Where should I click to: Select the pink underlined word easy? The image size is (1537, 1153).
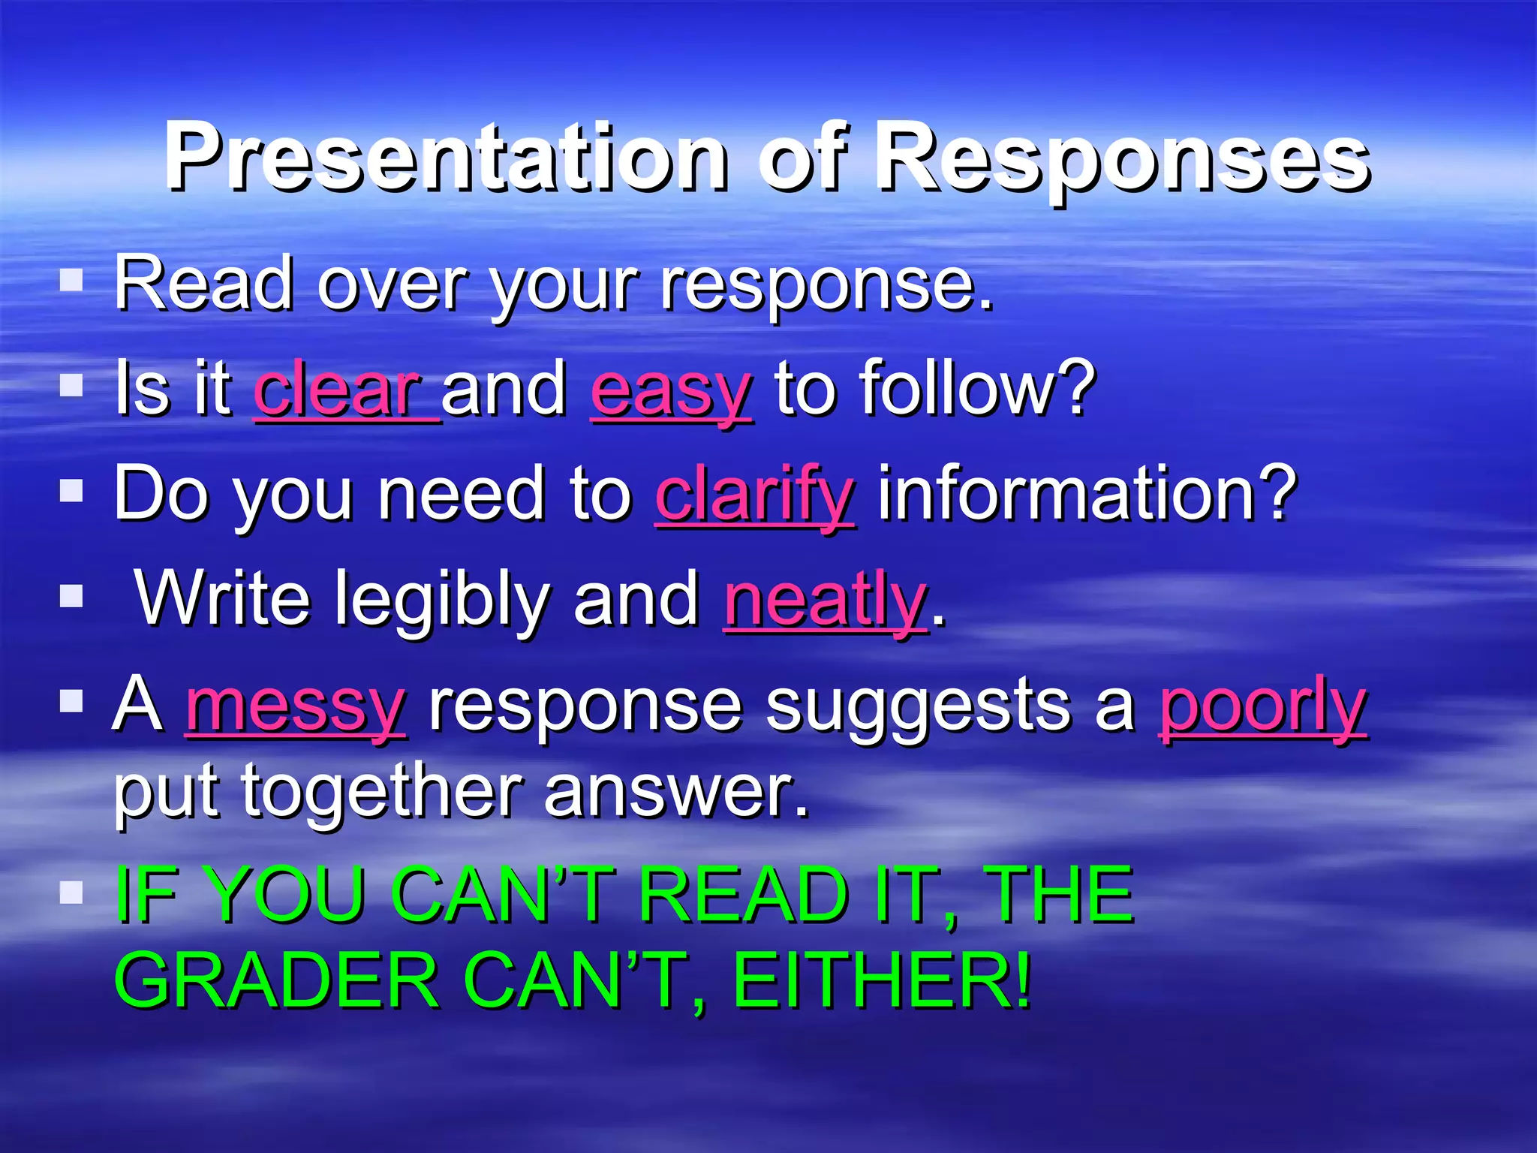pos(670,392)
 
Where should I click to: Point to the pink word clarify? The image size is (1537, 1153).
pos(754,495)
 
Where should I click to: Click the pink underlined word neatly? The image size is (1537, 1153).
pos(826,601)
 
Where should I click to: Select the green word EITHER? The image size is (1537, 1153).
pos(881,980)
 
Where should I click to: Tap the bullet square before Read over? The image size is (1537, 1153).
pos(71,281)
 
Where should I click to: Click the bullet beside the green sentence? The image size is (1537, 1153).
pos(71,893)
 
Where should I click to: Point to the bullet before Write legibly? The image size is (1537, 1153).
pos(71,597)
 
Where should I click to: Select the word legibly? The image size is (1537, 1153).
pos(441,601)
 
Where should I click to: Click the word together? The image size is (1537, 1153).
pos(382,793)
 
